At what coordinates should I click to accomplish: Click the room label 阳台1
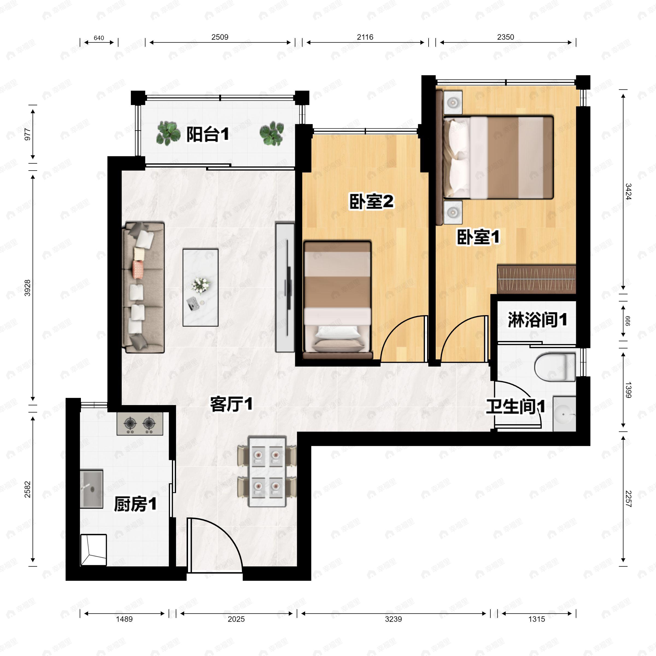pyautogui.click(x=207, y=134)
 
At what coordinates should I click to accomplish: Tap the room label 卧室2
pyautogui.click(x=371, y=201)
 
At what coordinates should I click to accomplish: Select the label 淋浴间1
pyautogui.click(x=537, y=320)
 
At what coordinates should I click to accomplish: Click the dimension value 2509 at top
pyautogui.click(x=220, y=37)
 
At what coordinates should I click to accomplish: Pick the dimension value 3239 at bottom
pyautogui.click(x=393, y=619)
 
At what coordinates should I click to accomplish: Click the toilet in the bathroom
pyautogui.click(x=555, y=367)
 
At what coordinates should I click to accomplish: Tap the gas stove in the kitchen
pyautogui.click(x=140, y=424)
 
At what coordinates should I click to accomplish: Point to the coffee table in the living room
pyautogui.click(x=200, y=288)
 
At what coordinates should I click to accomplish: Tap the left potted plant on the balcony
pyautogui.click(x=168, y=133)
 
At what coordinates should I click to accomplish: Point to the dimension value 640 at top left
pyautogui.click(x=99, y=38)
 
